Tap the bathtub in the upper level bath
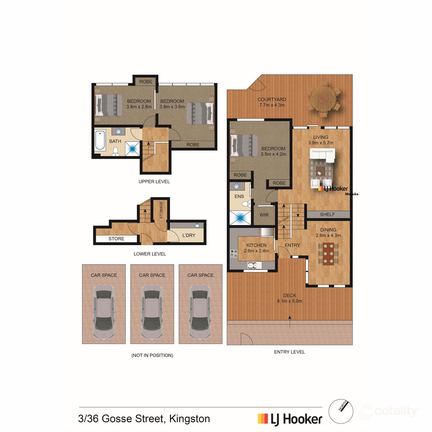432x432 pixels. pyautogui.click(x=99, y=141)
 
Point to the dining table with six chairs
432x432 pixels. pyautogui.click(x=328, y=254)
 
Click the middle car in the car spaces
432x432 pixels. pyautogui.click(x=152, y=312)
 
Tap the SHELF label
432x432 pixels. pyautogui.click(x=328, y=215)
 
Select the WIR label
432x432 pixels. pyautogui.click(x=264, y=215)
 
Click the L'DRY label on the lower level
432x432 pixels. pyautogui.click(x=189, y=235)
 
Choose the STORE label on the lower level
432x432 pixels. pyautogui.click(x=116, y=239)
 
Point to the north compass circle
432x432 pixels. pyautogui.click(x=341, y=411)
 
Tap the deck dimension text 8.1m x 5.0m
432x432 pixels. pyautogui.click(x=289, y=301)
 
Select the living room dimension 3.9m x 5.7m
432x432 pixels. pyautogui.click(x=320, y=143)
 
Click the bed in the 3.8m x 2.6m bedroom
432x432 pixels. pyautogui.click(x=108, y=105)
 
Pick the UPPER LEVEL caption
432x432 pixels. pyautogui.click(x=154, y=181)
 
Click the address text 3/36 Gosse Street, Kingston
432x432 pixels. pyautogui.click(x=144, y=419)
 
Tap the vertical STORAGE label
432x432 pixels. pyautogui.click(x=161, y=210)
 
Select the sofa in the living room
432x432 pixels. pyautogui.click(x=323, y=156)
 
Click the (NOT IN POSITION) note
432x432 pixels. pyautogui.click(x=152, y=355)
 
